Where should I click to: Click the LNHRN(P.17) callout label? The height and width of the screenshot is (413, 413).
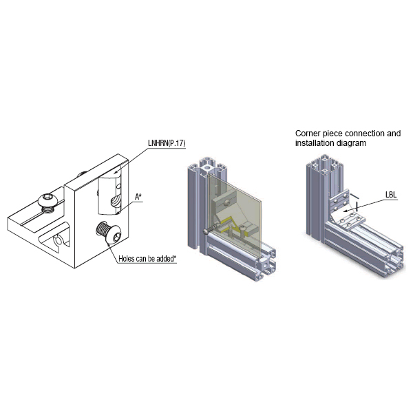tap(167, 143)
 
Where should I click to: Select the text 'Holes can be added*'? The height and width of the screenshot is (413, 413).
tap(147, 258)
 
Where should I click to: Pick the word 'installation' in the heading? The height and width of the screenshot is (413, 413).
tap(313, 144)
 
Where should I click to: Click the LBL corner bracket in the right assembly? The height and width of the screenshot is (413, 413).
tap(344, 211)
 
